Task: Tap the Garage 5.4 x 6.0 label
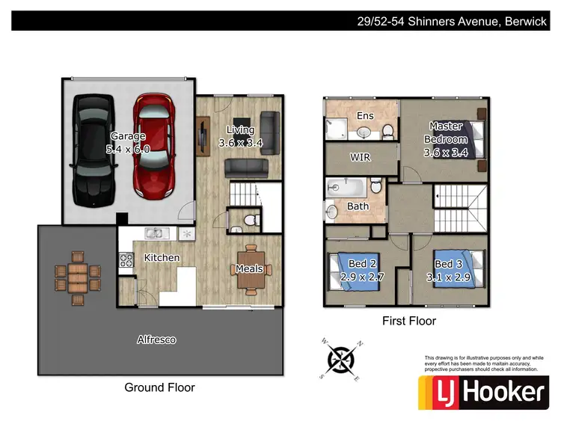[129, 143]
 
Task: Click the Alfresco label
[156, 339]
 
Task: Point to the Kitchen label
[162, 258]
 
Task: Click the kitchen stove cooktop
[126, 260]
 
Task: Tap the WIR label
[361, 158]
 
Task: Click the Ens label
[365, 116]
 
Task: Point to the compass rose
[341, 358]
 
